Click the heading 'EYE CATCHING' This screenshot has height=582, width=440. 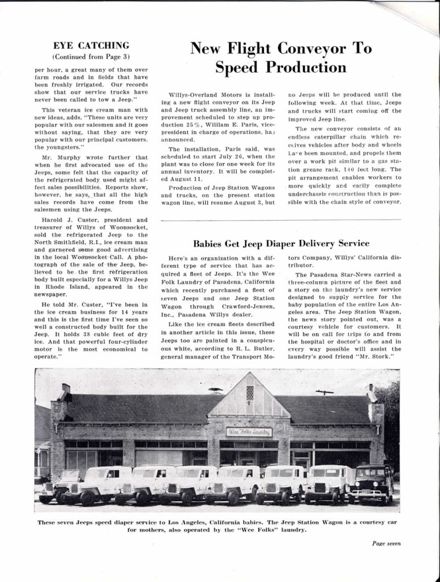[x=91, y=45]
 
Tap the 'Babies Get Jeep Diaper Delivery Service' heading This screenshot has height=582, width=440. [x=281, y=243]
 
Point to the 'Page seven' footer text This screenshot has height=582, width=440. [x=386, y=543]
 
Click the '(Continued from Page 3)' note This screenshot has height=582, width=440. [x=91, y=56]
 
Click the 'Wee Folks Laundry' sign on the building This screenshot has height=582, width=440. [x=249, y=432]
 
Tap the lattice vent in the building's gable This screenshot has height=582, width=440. [x=250, y=393]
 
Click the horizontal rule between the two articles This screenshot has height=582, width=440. [x=281, y=220]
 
